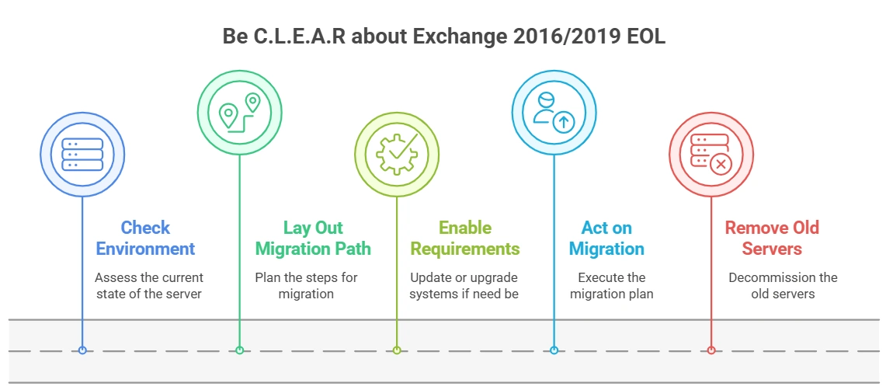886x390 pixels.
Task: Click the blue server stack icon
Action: [x=82, y=155]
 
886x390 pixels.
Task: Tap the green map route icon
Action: [x=239, y=113]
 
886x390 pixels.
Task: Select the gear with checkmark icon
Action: [x=397, y=155]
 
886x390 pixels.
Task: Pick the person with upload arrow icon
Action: [x=554, y=113]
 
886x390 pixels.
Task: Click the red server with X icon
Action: [x=711, y=155]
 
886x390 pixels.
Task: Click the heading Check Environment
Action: [x=146, y=238]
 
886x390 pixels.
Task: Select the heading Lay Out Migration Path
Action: [x=313, y=238]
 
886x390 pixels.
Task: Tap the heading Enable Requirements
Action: [x=465, y=238]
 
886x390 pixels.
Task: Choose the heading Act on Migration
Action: [x=607, y=238]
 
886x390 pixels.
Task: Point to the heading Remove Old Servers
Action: [x=772, y=238]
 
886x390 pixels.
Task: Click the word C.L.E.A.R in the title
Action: [x=300, y=37]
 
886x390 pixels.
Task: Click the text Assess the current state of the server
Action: [x=148, y=285]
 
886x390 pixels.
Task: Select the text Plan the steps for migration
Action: [x=306, y=285]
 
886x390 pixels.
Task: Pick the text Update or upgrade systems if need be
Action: [x=464, y=285]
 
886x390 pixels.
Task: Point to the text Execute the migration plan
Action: [x=611, y=285]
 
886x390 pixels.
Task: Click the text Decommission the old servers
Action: [x=783, y=285]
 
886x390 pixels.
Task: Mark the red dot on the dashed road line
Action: [x=711, y=350]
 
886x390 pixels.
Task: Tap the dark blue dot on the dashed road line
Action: [x=82, y=350]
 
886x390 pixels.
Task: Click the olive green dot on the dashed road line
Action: [x=397, y=350]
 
